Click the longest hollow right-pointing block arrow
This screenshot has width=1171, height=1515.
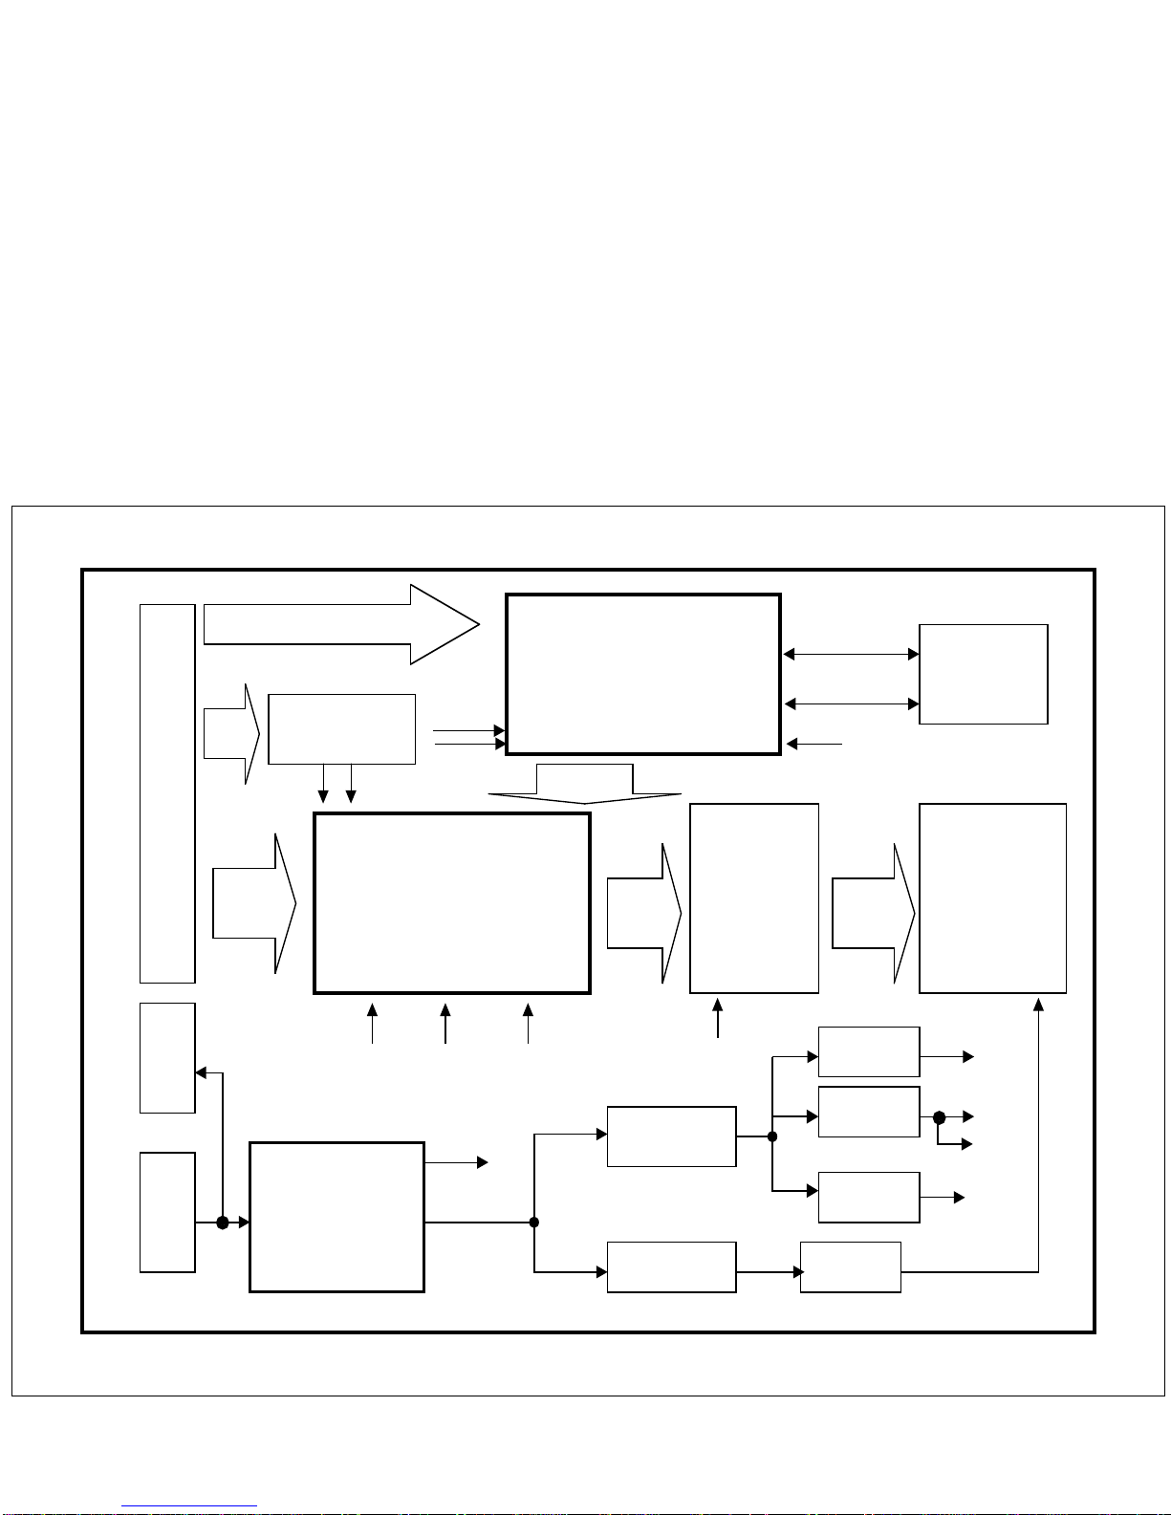pyautogui.click(x=340, y=624)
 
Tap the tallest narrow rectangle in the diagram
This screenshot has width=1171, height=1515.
pyautogui.click(x=167, y=792)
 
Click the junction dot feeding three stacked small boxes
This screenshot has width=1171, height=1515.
pyautogui.click(x=772, y=1136)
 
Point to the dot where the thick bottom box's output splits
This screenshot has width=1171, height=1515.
pyautogui.click(x=534, y=1222)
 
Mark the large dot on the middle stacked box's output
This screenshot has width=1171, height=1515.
pyautogui.click(x=939, y=1116)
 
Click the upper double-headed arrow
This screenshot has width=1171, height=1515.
pyautogui.click(x=851, y=654)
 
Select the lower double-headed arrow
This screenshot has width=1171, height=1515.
pyautogui.click(x=851, y=703)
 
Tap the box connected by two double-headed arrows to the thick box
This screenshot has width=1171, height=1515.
pyautogui.click(x=983, y=674)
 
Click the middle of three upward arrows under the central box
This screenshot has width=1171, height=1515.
pyautogui.click(x=445, y=1023)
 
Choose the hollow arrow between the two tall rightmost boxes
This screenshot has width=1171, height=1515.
pyautogui.click(x=873, y=913)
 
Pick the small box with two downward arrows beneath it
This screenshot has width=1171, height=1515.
pyautogui.click(x=341, y=728)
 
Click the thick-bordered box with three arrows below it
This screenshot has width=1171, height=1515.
pyautogui.click(x=451, y=903)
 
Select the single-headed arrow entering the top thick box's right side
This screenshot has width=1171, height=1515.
pyautogui.click(x=813, y=743)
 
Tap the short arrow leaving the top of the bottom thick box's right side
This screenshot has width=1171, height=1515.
pyautogui.click(x=456, y=1162)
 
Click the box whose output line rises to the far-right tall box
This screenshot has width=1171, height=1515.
pyautogui.click(x=850, y=1266)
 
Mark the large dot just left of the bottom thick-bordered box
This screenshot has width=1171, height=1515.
pyautogui.click(x=223, y=1222)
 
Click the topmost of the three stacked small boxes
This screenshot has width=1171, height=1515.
pyautogui.click(x=868, y=1051)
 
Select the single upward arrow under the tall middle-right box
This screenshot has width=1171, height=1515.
pyautogui.click(x=718, y=1018)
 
